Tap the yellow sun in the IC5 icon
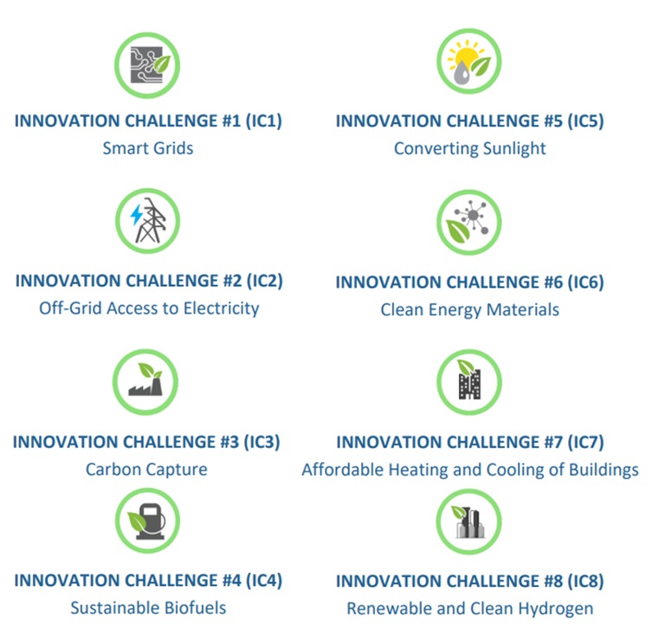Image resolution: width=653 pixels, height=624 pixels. point(466,56)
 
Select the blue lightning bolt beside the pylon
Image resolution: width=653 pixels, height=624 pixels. point(136,215)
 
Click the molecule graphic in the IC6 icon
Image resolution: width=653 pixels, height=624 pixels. point(473,217)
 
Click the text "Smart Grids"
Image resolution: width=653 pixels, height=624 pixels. point(148,148)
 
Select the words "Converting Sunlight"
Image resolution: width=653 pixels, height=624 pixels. point(469,149)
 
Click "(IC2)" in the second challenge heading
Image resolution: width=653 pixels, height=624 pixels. point(265,281)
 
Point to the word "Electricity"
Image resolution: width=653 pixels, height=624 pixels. point(221,309)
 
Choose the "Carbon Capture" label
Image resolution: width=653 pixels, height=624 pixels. point(146,470)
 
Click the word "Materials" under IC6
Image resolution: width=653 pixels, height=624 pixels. point(522,309)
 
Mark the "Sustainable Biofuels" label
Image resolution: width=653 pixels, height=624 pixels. point(148,608)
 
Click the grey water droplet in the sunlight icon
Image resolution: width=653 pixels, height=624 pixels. point(461,73)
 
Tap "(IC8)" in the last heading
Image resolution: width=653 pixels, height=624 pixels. point(585,581)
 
